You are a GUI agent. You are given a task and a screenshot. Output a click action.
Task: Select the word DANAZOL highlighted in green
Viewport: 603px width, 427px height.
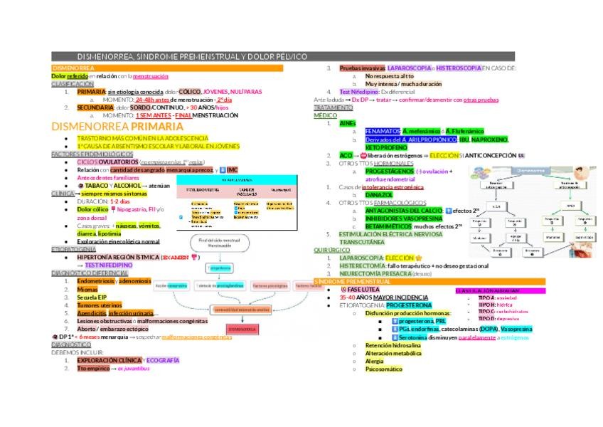click(378, 194)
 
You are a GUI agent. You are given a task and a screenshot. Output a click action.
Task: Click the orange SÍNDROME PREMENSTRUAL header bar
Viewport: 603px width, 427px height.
click(356, 283)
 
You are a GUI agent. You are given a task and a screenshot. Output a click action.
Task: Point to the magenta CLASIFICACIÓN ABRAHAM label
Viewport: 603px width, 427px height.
click(486, 290)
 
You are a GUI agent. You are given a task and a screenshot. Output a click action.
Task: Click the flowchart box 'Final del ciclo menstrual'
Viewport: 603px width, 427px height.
click(220, 244)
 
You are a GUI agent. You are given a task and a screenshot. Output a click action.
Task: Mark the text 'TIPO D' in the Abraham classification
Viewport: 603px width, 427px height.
click(486, 318)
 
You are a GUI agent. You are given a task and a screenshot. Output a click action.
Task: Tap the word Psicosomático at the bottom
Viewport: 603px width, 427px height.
click(383, 369)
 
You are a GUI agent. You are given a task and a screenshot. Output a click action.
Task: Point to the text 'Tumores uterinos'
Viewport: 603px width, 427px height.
click(99, 305)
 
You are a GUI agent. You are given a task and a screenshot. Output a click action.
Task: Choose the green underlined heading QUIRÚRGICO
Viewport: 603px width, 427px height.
click(331, 250)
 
